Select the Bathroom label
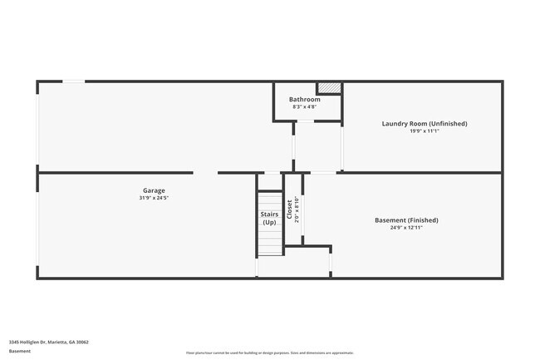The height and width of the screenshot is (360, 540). point(304,100)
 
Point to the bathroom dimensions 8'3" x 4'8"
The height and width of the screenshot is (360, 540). point(304,107)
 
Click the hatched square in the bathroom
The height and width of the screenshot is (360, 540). point(330,87)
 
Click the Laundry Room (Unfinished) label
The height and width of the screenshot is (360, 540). point(425,124)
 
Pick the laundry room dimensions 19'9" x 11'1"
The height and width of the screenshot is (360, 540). point(425,131)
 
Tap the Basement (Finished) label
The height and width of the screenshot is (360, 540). point(406,220)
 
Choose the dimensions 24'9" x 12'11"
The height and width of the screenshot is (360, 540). point(406,228)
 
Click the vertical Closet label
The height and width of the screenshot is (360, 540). point(289,209)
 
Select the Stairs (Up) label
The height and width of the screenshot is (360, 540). point(269,219)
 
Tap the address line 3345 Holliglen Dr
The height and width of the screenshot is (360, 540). point(49,342)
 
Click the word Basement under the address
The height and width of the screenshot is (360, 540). point(21,351)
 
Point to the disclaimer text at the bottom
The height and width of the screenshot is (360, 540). point(270,353)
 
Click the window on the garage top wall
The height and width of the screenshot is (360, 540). point(74,81)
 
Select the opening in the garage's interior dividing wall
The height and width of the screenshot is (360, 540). point(206,173)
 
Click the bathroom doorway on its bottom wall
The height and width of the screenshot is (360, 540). point(306,121)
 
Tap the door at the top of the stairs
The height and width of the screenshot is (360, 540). point(271,173)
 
